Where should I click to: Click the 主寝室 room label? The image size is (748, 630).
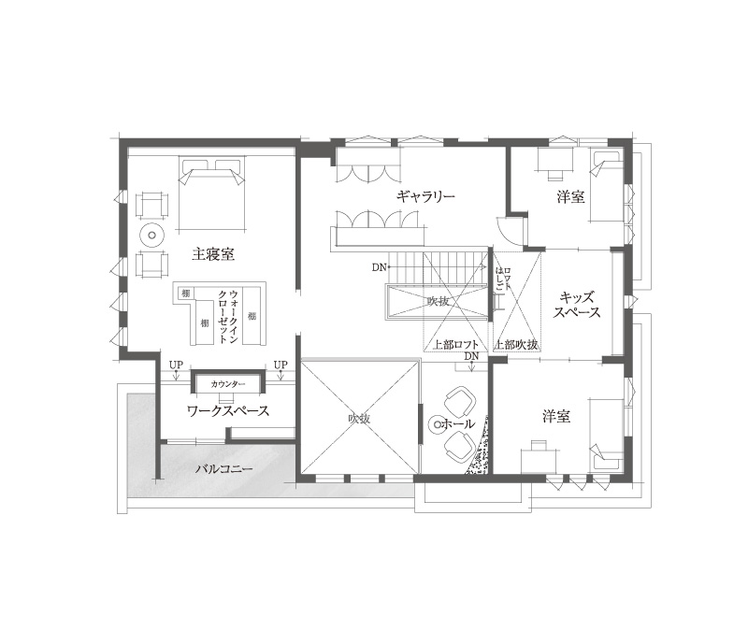212,253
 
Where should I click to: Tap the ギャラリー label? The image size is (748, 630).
424,196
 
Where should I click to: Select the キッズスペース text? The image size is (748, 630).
576,305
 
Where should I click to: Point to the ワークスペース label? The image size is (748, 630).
228,410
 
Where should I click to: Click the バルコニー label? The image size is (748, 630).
220,467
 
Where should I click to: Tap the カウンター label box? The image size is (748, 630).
228,384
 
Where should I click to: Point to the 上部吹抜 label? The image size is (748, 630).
517,344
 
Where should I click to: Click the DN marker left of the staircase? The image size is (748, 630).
379,268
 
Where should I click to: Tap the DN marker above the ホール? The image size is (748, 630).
471,357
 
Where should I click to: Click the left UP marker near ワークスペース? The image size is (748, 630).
176,365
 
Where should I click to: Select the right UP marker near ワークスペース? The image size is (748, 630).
280,365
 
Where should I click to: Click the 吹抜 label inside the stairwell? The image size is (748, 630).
439,301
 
